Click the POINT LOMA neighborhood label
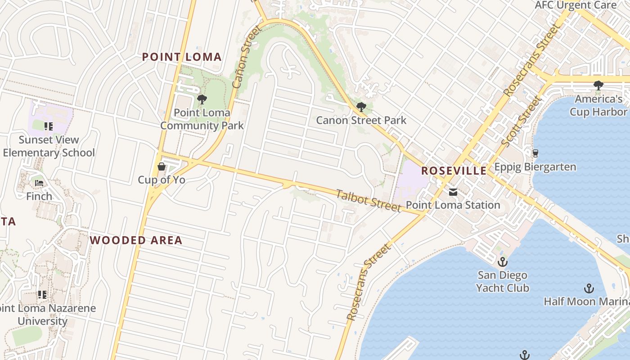coord(182,57)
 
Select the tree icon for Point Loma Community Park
coord(202,99)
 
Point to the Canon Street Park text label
coord(361,120)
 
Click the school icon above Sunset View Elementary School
coord(49,126)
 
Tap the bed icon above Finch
coord(39,183)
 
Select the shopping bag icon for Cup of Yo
coord(162,167)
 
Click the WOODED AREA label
coord(136,240)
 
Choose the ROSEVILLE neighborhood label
coord(454,171)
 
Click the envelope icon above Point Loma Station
coord(453,192)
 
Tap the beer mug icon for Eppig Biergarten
coord(535,153)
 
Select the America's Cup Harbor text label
coord(598,105)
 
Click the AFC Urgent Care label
coord(575,5)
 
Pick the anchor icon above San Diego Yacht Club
coord(502,262)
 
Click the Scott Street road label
coord(521,121)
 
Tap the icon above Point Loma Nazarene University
coord(42,295)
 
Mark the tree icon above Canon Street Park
coord(361,107)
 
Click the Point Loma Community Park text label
coord(202,119)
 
